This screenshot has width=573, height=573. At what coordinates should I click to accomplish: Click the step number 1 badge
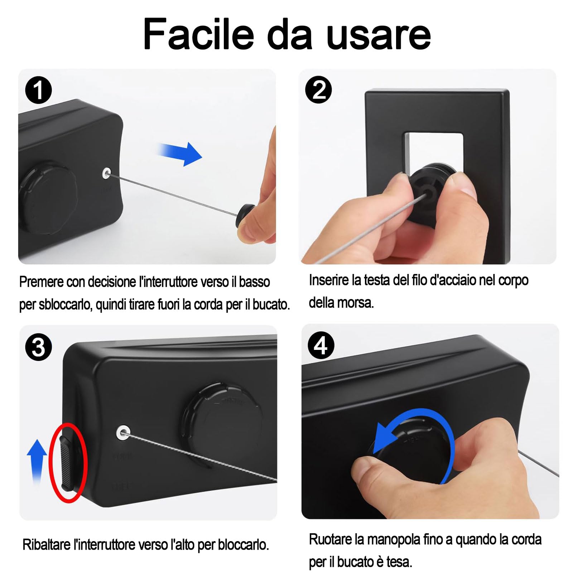pyautogui.click(x=38, y=90)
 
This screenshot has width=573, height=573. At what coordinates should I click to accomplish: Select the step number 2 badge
pyautogui.click(x=318, y=90)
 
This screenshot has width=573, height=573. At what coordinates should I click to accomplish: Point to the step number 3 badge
pyautogui.click(x=38, y=347)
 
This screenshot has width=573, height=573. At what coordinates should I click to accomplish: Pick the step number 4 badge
pyautogui.click(x=321, y=346)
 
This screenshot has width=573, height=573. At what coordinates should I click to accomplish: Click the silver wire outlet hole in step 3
pyautogui.click(x=123, y=432)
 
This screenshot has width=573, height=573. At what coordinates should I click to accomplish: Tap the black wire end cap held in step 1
pyautogui.click(x=244, y=215)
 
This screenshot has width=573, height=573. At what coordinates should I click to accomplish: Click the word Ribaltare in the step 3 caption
pyautogui.click(x=47, y=545)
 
